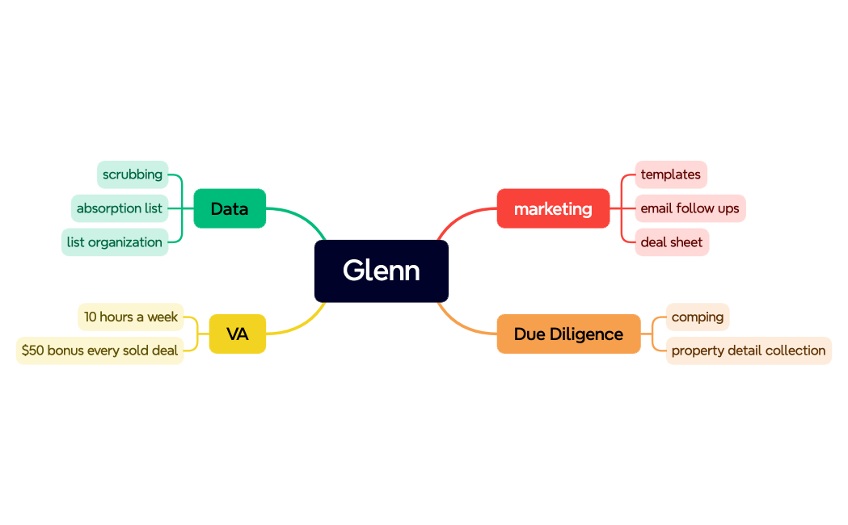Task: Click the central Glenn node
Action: coord(381,271)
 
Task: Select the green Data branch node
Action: coord(230,208)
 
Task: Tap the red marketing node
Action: coord(553,208)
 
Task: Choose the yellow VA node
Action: coord(237,334)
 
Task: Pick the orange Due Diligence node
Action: coord(568,334)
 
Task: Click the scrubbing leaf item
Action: coord(133,174)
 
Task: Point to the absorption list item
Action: coord(120,208)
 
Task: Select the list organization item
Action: coord(115,242)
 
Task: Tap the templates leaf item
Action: coord(670,174)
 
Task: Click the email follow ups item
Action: coord(690,208)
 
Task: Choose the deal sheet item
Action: coord(671,242)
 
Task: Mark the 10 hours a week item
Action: coord(131,317)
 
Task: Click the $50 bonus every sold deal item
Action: coord(99,351)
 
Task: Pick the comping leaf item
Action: coord(697,317)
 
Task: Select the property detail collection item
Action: coord(748,351)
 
